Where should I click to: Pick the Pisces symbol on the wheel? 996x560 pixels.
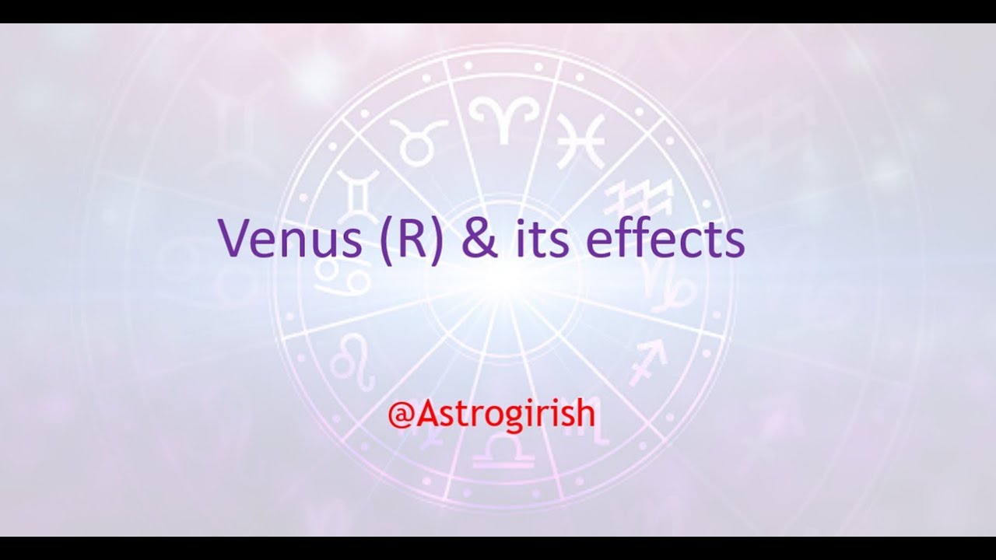tap(580, 140)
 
